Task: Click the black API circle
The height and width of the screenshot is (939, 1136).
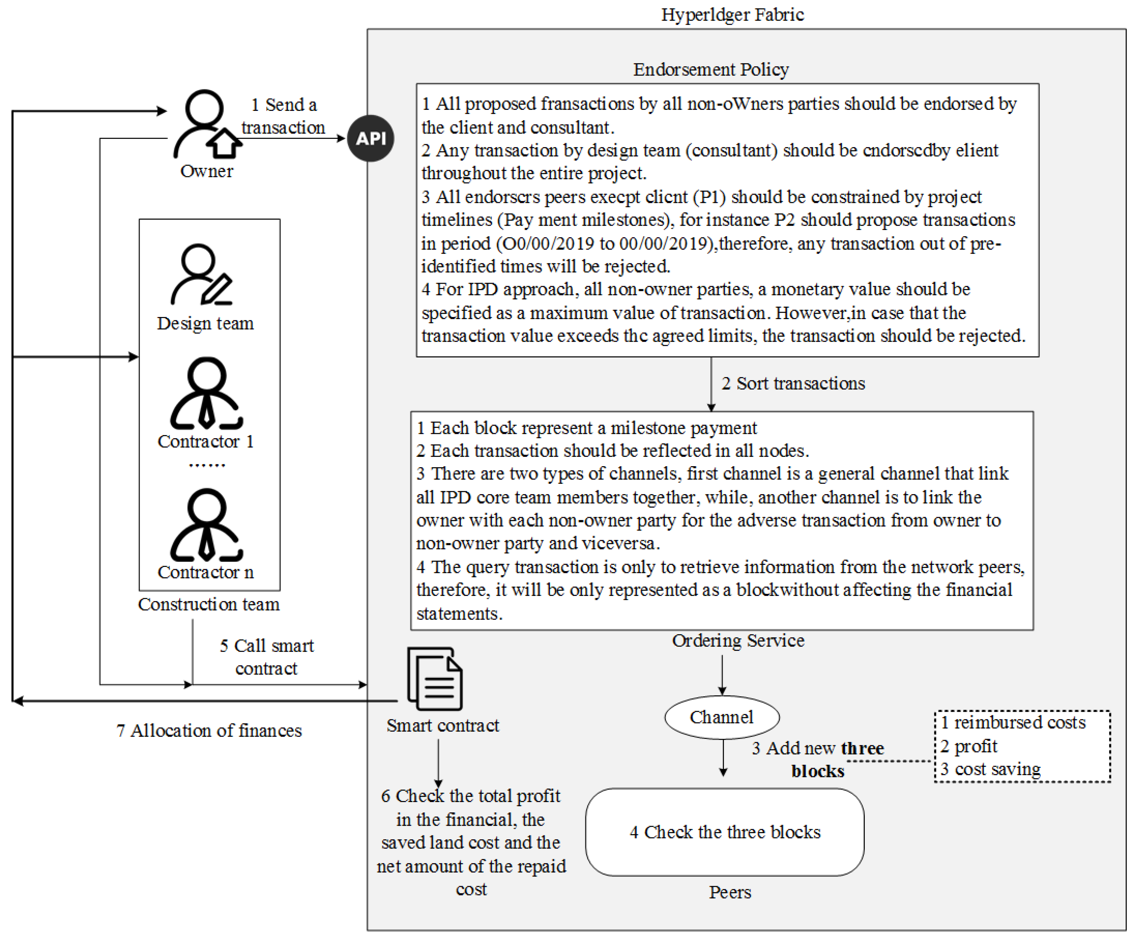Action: pos(370,139)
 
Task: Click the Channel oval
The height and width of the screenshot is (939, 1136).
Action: pos(722,717)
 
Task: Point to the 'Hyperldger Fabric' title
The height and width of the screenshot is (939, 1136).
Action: pos(732,15)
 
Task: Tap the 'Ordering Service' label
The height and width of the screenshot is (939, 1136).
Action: pos(738,640)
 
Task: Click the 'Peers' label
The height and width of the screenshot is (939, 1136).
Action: pos(730,892)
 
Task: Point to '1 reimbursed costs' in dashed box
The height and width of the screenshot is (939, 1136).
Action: pos(1013,723)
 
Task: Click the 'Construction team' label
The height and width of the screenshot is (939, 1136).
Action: pos(209,604)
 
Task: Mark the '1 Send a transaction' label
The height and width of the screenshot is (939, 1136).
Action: pos(283,116)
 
